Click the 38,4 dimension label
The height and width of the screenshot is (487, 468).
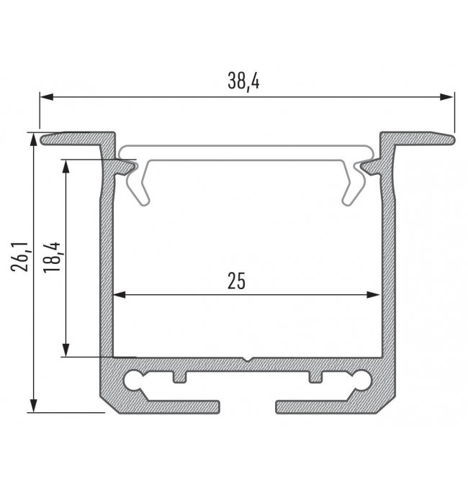243,82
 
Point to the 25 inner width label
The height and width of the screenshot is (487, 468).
236,281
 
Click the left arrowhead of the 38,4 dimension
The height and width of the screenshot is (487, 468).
47,97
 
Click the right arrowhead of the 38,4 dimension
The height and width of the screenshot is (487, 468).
446,97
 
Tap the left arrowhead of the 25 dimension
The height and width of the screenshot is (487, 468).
119,294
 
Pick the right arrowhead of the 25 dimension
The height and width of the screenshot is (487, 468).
373,294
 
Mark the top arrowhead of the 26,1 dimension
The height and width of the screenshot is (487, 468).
33,140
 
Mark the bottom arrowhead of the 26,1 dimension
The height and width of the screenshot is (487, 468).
33,406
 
